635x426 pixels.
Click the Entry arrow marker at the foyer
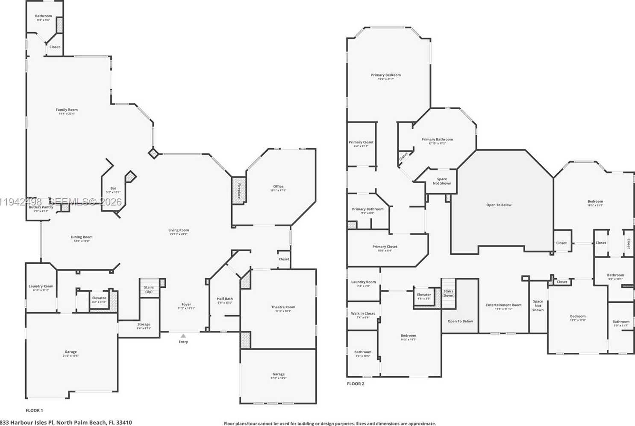(x=183, y=336)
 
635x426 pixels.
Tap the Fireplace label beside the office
(x=239, y=191)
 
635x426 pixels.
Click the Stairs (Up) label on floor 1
(x=149, y=289)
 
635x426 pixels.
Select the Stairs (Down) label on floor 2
(x=448, y=293)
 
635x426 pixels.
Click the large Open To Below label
(x=499, y=205)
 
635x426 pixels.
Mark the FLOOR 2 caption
(x=356, y=384)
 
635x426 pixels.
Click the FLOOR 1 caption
(x=34, y=410)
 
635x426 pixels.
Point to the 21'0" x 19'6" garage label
(x=71, y=354)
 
